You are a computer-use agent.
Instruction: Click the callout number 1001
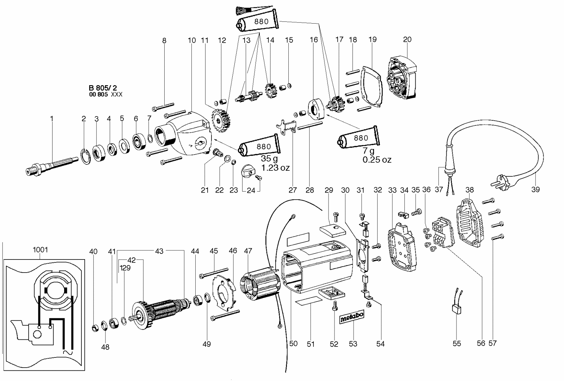(x=40, y=250)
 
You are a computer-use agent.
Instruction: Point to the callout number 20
(x=407, y=39)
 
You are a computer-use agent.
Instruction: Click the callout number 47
(x=248, y=251)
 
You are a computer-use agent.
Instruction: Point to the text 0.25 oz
(x=377, y=160)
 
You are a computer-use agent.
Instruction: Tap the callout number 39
(x=535, y=190)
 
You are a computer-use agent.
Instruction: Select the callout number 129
(x=125, y=268)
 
